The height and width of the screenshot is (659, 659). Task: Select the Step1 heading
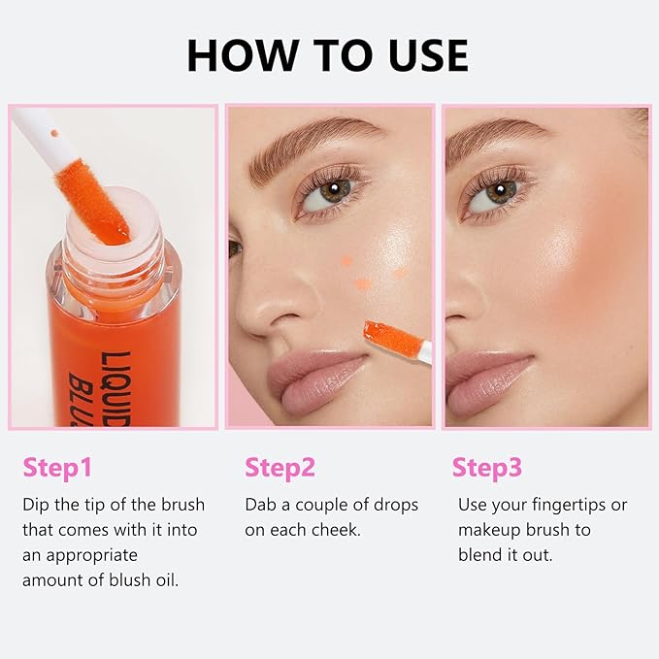tap(57, 468)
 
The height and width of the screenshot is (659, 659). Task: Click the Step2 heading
tap(280, 468)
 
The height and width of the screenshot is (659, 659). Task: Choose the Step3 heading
tap(486, 468)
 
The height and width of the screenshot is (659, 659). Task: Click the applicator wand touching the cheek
tap(398, 339)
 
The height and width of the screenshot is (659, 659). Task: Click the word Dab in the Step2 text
tap(260, 506)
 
